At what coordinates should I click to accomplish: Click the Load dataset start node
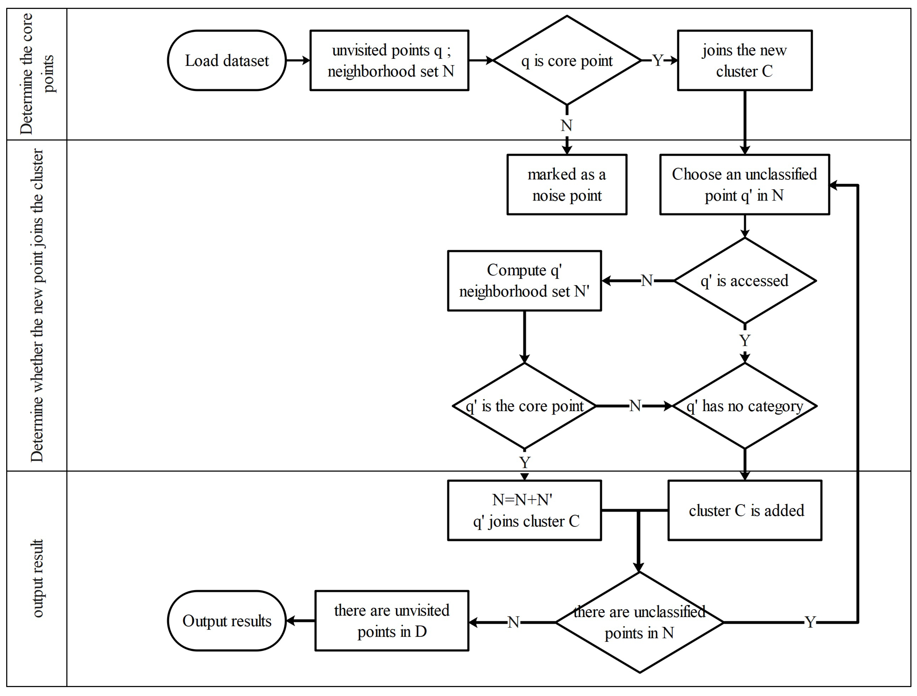coord(227,60)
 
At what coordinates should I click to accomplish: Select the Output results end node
coord(227,621)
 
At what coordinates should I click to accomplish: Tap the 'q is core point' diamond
coord(567,60)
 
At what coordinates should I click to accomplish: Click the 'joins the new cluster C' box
coord(744,60)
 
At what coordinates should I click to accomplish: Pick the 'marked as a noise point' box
coord(567,185)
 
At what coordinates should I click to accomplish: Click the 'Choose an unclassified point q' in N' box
coord(744,185)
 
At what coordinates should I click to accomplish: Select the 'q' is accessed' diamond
coord(744,281)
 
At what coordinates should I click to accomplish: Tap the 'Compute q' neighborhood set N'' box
coord(524,281)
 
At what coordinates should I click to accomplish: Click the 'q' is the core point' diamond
coord(524,406)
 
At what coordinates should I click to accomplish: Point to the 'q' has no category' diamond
coord(744,406)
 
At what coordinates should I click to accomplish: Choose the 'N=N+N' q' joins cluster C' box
coord(524,510)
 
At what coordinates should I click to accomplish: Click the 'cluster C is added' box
coord(744,510)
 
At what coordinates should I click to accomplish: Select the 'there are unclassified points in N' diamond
coord(639,622)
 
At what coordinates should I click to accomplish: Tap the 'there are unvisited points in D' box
coord(392,621)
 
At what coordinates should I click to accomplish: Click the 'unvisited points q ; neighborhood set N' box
coord(389,60)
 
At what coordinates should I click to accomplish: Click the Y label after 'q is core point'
coord(657,60)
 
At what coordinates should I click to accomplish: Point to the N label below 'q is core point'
coord(566,125)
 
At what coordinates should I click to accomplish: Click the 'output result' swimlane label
coord(37,578)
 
